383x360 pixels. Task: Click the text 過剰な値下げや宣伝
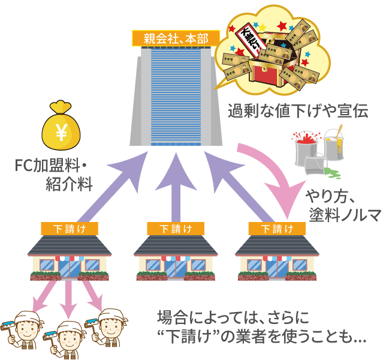297,111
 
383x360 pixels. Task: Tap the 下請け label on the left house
70,228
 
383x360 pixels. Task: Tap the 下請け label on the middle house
176,228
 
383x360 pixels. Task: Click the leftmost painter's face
27,331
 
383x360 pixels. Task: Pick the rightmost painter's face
113,328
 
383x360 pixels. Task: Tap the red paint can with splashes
305,147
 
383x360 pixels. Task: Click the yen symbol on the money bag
61,133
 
